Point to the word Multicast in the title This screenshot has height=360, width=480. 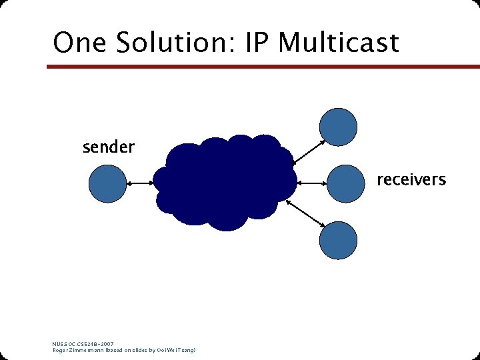pyautogui.click(x=338, y=43)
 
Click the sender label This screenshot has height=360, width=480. pyautogui.click(x=108, y=147)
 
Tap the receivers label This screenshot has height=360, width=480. pyautogui.click(x=411, y=179)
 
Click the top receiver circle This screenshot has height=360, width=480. pyautogui.click(x=339, y=127)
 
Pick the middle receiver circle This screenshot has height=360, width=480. pyautogui.click(x=345, y=182)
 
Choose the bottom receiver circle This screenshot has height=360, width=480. pyautogui.click(x=339, y=240)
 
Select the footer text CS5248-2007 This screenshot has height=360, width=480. pyautogui.click(x=97, y=344)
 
